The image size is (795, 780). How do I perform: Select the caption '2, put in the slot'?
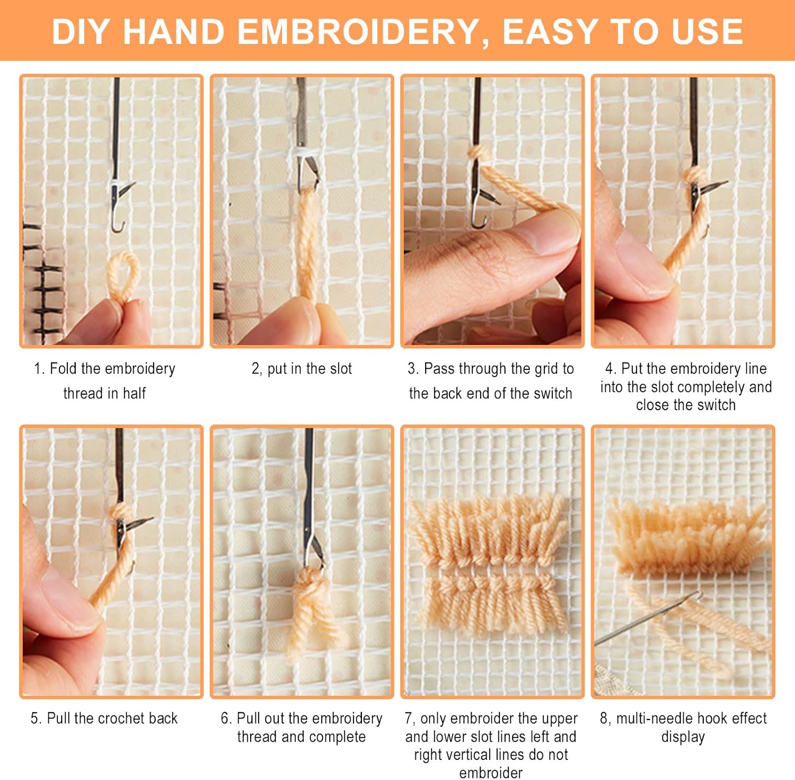click(302, 369)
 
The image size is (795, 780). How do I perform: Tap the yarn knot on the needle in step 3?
click(479, 154)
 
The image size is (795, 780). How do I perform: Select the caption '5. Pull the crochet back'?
click(104, 719)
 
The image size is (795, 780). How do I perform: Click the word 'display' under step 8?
click(683, 738)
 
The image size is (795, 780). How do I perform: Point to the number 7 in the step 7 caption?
click(408, 719)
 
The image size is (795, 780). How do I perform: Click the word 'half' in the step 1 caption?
click(134, 393)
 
